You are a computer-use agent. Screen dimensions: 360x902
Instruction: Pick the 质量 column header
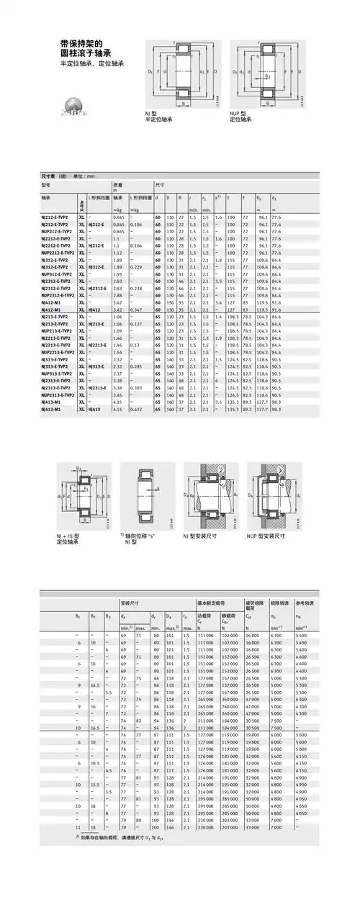coord(117,184)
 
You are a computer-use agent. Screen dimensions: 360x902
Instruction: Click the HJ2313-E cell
coord(97,388)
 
